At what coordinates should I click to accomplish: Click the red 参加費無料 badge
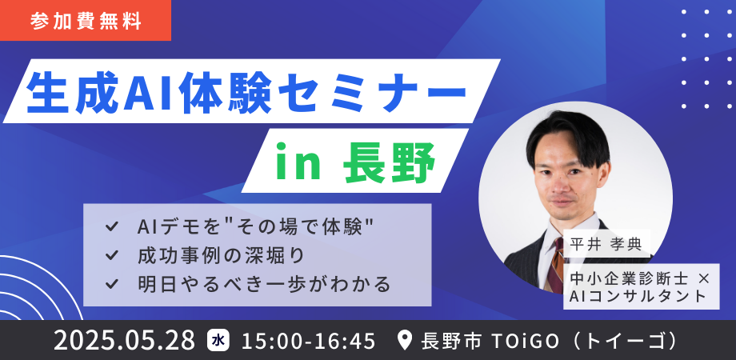point(86,21)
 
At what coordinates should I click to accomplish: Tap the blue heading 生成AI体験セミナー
point(246,91)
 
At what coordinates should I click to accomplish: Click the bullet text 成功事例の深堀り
point(222,255)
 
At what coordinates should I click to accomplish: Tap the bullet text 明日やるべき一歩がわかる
point(264,283)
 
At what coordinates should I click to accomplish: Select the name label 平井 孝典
point(606,245)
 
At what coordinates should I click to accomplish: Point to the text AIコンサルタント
point(638,296)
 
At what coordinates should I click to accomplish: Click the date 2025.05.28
point(124,341)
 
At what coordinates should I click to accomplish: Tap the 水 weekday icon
point(218,340)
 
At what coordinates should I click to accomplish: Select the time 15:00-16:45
point(308,341)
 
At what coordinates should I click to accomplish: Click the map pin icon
point(405,341)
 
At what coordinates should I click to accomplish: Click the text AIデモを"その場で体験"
point(255,228)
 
